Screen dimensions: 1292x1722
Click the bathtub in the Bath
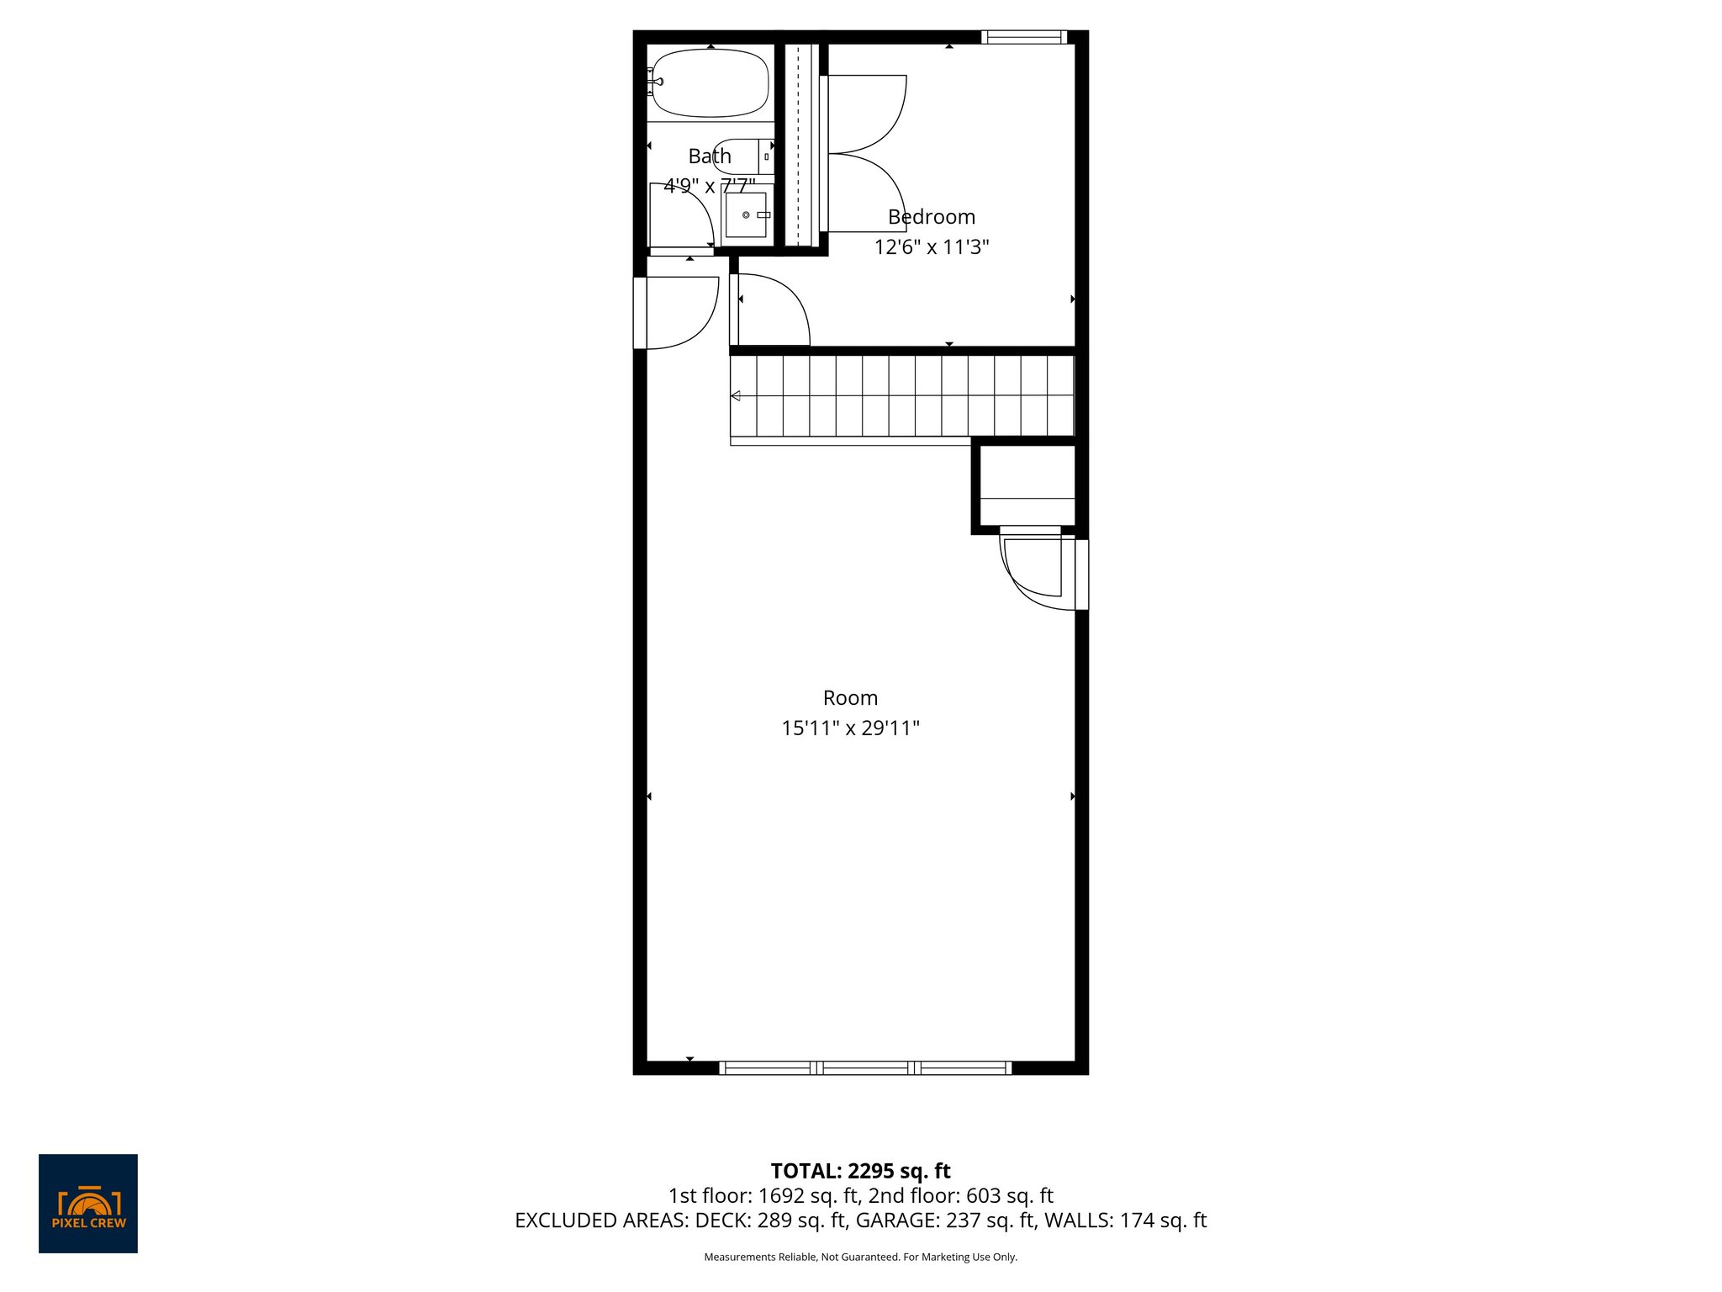[x=710, y=82]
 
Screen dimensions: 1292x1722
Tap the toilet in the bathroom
[x=742, y=156]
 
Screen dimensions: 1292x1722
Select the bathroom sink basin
[x=746, y=215]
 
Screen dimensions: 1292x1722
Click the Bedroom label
[x=931, y=217]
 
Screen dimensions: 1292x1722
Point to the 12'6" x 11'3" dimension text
[x=931, y=247]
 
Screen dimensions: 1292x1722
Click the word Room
[x=850, y=698]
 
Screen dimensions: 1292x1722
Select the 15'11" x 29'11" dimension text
[x=850, y=728]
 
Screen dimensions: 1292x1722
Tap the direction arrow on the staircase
[x=736, y=396]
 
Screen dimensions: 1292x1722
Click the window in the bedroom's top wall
[x=1022, y=37]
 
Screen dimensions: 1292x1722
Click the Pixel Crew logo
[x=88, y=1203]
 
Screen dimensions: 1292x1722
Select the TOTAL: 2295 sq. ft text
[x=860, y=1171]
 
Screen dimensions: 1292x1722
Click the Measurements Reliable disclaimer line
[x=860, y=1257]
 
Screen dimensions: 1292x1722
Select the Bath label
[x=710, y=156]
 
